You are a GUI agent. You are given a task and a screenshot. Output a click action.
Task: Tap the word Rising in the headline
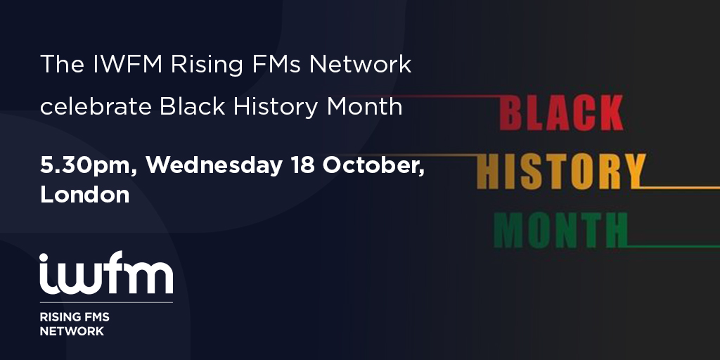207,66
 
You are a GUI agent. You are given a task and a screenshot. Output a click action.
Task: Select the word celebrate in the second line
96,107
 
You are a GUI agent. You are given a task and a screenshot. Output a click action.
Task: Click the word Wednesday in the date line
214,166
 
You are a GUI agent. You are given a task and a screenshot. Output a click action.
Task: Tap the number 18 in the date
302,165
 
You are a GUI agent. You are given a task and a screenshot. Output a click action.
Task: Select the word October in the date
373,165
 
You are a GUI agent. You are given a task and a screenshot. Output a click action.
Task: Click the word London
84,194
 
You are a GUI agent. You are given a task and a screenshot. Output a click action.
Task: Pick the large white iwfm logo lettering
106,273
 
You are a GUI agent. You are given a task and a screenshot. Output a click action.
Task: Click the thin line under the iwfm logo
106,302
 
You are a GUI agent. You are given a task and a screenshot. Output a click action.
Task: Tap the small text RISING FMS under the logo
75,317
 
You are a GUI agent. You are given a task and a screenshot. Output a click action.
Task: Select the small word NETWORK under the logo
72,331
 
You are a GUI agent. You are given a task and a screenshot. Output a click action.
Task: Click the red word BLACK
561,112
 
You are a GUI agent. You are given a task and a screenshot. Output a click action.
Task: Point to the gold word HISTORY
562,172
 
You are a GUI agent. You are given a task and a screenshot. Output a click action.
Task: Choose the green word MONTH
560,231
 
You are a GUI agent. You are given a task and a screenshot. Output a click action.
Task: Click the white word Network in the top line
360,65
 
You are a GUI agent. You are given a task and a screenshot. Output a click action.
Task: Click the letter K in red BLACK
609,112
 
